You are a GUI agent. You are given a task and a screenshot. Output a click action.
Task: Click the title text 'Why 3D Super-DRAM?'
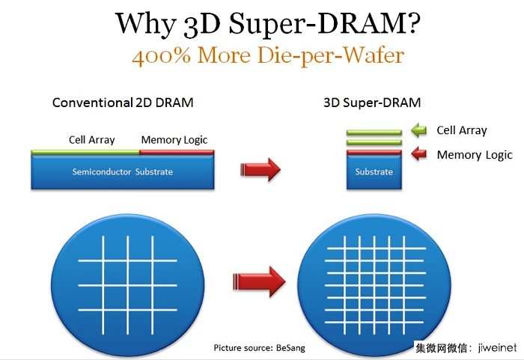click(267, 24)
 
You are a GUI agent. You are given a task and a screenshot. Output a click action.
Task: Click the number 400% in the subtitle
click(161, 55)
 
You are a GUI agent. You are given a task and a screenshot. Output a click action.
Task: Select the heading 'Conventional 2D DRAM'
click(123, 103)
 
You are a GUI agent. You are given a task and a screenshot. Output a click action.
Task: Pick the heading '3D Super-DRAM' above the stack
click(372, 103)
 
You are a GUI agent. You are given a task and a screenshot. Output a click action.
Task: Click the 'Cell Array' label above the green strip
click(91, 139)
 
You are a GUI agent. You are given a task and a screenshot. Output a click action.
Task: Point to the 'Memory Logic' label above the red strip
click(174, 140)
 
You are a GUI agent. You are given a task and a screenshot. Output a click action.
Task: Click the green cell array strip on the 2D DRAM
click(85, 153)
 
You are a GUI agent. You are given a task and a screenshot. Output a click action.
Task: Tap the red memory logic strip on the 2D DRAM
click(177, 153)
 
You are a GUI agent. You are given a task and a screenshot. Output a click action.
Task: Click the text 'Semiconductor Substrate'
click(122, 172)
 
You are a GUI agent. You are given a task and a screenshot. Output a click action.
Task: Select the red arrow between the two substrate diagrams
click(261, 169)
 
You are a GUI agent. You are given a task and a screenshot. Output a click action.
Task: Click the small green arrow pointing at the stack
click(419, 130)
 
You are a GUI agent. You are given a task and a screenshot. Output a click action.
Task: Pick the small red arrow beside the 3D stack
click(419, 153)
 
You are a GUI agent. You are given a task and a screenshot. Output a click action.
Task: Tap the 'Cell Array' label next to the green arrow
click(462, 130)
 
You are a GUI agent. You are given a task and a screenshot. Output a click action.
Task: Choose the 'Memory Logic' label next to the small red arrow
click(475, 155)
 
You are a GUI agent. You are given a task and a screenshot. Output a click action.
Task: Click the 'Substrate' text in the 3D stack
click(374, 172)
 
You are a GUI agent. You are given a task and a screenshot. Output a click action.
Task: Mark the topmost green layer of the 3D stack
click(374, 132)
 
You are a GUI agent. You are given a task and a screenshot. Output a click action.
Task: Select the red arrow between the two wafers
click(259, 281)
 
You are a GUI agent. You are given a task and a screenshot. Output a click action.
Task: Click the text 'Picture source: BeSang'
click(259, 348)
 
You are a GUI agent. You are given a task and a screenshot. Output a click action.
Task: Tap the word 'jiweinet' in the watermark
click(497, 347)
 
